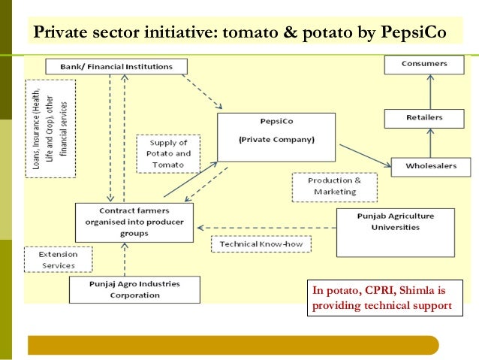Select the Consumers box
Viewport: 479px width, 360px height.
pos(423,64)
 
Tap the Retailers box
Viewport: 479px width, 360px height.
pos(423,117)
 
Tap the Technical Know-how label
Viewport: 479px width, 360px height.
pos(261,244)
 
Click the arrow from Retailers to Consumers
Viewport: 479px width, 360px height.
pos(431,92)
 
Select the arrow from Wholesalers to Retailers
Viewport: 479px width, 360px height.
pos(431,142)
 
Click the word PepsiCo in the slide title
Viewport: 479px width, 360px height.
pos(413,33)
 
